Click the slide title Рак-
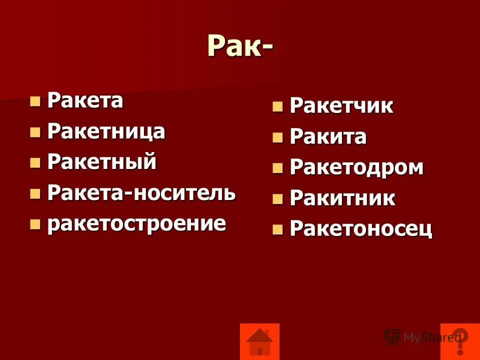[x=240, y=46]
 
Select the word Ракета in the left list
[x=85, y=100]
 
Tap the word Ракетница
[x=106, y=131]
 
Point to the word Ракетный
[x=101, y=162]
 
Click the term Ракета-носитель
[x=141, y=192]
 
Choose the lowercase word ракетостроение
[x=136, y=223]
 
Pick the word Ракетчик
[x=341, y=106]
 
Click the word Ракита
[x=328, y=137]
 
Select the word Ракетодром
[x=356, y=167]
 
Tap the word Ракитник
[x=342, y=198]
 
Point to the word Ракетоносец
[x=360, y=229]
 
